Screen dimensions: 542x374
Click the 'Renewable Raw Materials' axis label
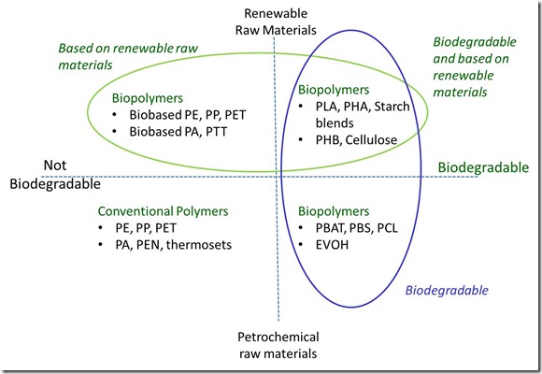pos(276,22)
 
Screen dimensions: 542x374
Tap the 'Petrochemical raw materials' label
pos(278,345)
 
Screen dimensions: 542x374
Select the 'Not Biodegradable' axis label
pos(55,174)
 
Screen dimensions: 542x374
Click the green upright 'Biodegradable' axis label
pos(483,167)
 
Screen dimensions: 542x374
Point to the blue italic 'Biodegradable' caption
pos(447,290)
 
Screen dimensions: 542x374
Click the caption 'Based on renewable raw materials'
pos(128,56)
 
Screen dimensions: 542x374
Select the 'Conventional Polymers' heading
pos(163,211)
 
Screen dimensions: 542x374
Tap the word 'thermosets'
pos(199,245)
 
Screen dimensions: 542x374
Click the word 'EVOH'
pos(332,245)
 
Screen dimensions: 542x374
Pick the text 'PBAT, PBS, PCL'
pos(356,228)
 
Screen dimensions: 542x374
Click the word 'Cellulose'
pos(371,139)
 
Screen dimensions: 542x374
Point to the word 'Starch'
pos(392,107)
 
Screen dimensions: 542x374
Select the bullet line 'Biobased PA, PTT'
pos(178,132)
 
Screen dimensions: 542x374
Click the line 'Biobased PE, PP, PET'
pos(187,115)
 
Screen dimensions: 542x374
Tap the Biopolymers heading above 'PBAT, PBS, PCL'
pos(334,211)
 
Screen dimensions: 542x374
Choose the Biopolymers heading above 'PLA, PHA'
pos(334,90)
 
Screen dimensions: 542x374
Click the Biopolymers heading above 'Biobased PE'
pos(148,98)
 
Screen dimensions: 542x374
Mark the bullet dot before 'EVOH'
pos(301,245)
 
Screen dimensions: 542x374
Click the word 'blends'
pos(335,122)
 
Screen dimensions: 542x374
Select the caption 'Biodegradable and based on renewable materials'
pos(475,66)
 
